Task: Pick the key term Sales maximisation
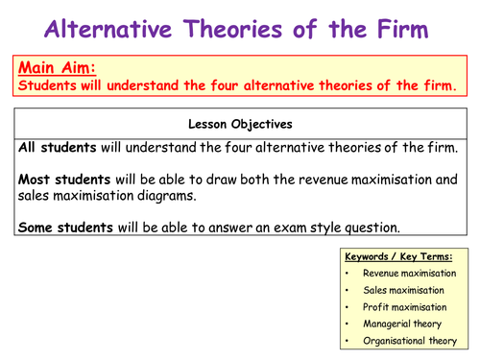(x=404, y=290)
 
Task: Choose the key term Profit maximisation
(x=404, y=306)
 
